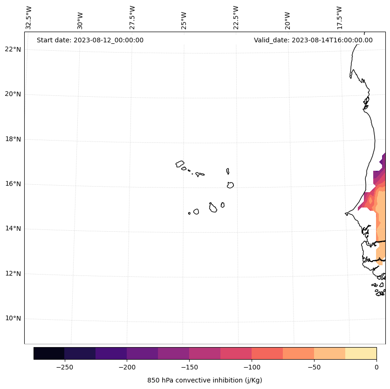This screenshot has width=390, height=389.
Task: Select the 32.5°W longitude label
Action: pos(29,18)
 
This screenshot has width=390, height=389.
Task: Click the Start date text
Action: pos(90,40)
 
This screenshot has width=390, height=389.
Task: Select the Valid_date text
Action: pos(313,40)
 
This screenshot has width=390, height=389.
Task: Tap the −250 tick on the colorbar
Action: pos(64,367)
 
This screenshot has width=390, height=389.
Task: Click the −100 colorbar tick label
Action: pos(252,367)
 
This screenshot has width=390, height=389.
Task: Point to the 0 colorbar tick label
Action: pos(376,367)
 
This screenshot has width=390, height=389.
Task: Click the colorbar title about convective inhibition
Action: pos(205,380)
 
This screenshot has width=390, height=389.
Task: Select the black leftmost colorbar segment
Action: pos(49,353)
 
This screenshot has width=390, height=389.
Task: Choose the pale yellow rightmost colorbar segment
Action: pos(361,353)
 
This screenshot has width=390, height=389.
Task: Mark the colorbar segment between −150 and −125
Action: pos(205,353)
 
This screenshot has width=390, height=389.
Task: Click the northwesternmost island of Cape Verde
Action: pos(180,164)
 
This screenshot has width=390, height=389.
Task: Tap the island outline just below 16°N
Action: pos(230,185)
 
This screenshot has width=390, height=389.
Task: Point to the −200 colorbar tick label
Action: pos(127,367)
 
